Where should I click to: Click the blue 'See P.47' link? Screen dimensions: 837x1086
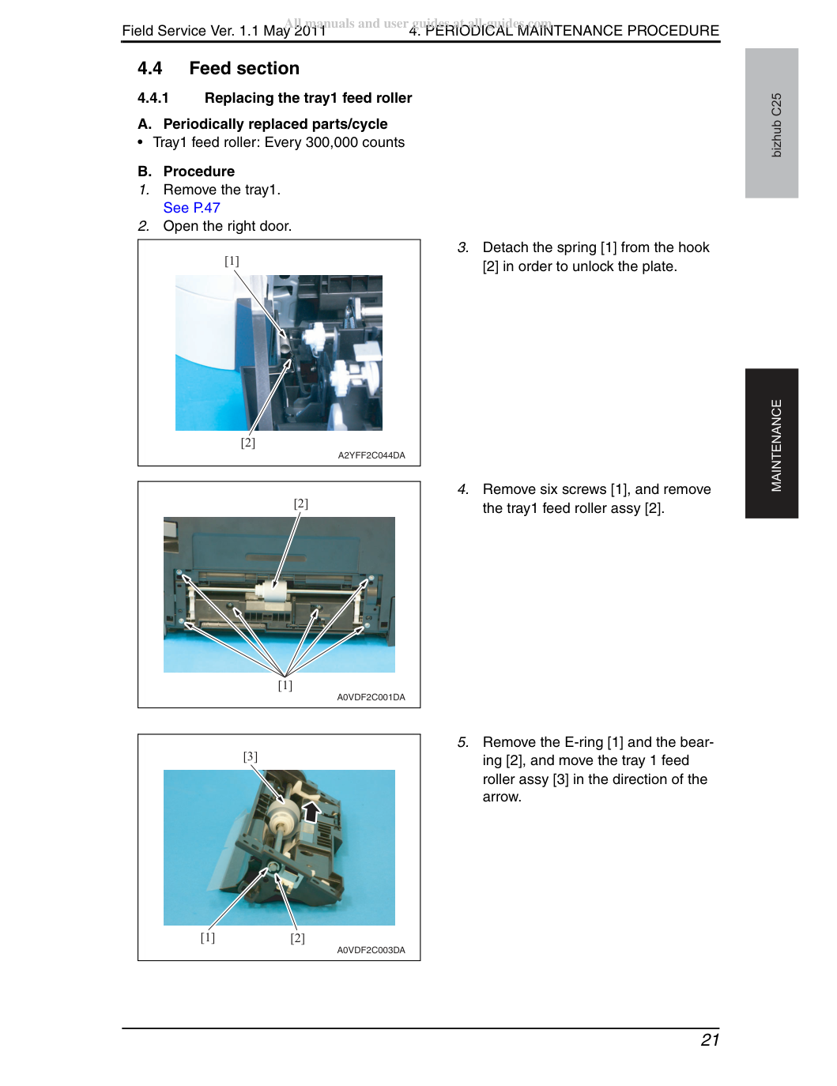coord(191,207)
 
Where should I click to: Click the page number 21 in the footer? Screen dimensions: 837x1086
coord(710,1039)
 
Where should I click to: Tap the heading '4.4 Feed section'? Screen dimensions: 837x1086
coord(218,68)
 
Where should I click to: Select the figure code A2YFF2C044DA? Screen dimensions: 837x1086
coord(371,455)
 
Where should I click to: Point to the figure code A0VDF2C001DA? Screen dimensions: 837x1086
coord(371,697)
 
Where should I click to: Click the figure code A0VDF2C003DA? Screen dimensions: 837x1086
coord(371,950)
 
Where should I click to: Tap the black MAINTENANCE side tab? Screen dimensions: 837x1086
coord(771,443)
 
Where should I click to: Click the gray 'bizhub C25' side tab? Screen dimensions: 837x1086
coord(771,123)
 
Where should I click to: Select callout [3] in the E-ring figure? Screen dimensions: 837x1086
coord(251,756)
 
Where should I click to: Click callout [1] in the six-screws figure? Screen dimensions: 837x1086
coord(285,685)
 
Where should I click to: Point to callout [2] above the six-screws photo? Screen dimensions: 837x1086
coord(301,503)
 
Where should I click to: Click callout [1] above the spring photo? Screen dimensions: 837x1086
coord(232,261)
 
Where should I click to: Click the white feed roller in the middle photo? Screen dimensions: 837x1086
coord(273,593)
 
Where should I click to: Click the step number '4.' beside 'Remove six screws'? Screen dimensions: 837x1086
coord(462,489)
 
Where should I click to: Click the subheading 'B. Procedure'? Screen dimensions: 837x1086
coord(186,172)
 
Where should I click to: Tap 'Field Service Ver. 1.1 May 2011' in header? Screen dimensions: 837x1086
coord(224,31)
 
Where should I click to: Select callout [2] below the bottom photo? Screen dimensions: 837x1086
coord(297,938)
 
